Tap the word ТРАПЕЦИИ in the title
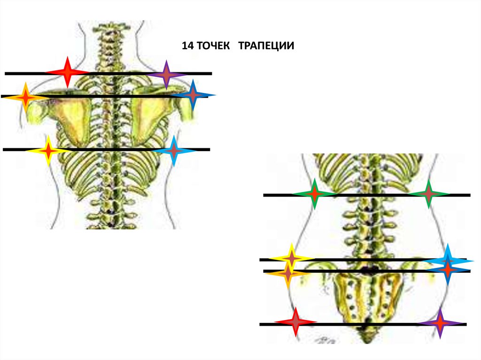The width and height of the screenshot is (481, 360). [266, 46]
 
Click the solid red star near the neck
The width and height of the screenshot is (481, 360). [67, 72]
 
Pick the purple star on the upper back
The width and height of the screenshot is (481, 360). [166, 75]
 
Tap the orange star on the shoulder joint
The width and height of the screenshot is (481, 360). [26, 97]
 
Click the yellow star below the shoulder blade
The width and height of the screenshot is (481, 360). [48, 151]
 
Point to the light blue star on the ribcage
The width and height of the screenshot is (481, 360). [174, 151]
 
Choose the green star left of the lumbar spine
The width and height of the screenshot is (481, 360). [314, 193]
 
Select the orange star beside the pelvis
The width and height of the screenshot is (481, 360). [287, 273]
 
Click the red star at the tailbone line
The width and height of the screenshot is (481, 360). [295, 322]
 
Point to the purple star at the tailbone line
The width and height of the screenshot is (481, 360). [440, 323]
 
